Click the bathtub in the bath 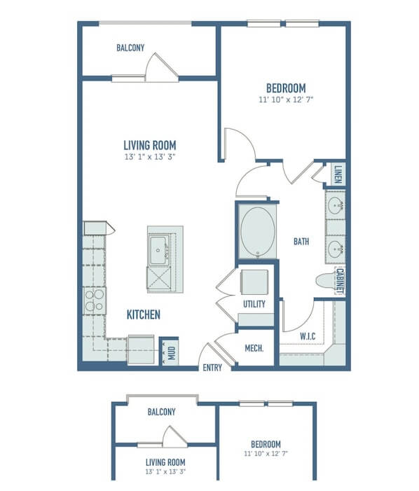(x=257, y=231)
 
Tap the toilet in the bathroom (x=326, y=281)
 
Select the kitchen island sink (x=158, y=250)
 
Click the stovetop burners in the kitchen (x=95, y=300)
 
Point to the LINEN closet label (x=338, y=174)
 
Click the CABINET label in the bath (x=340, y=281)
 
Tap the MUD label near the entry (x=172, y=353)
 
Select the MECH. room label (x=254, y=348)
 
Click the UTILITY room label (x=254, y=304)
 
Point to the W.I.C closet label (x=308, y=336)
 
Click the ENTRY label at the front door (x=212, y=367)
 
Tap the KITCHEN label (x=144, y=314)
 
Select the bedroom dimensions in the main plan (x=286, y=99)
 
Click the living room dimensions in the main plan (x=150, y=157)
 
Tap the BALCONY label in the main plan (x=130, y=48)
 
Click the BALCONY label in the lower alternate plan (x=161, y=412)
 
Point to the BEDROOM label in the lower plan (x=266, y=444)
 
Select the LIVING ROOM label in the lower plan (x=165, y=462)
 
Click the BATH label (x=301, y=242)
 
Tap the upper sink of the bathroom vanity (x=336, y=205)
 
